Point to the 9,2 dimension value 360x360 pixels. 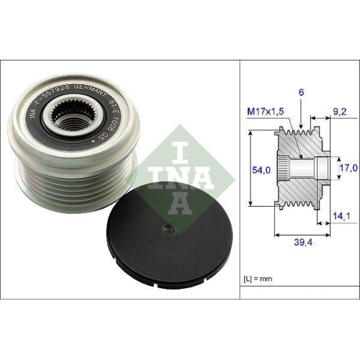coord(341,112)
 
